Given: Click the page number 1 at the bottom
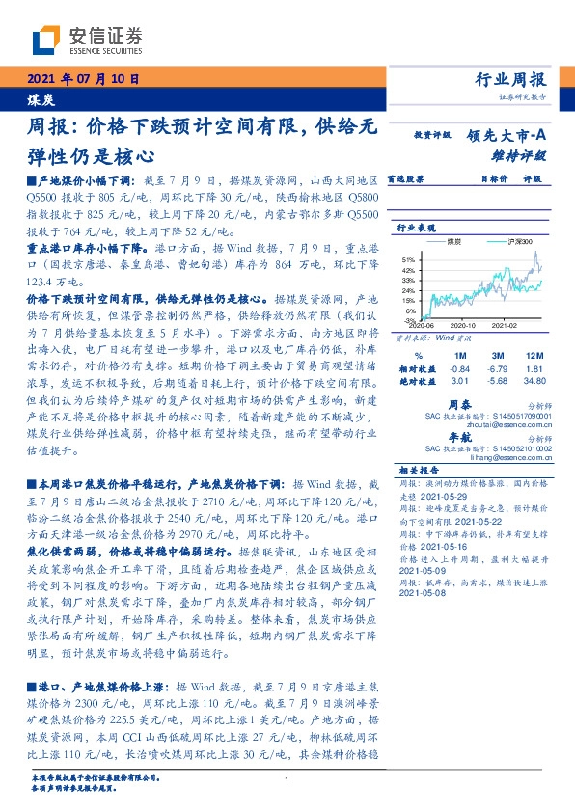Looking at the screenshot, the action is pyautogui.click(x=287, y=780).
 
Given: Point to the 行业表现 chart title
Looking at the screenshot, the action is pyautogui.click(x=415, y=228).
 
